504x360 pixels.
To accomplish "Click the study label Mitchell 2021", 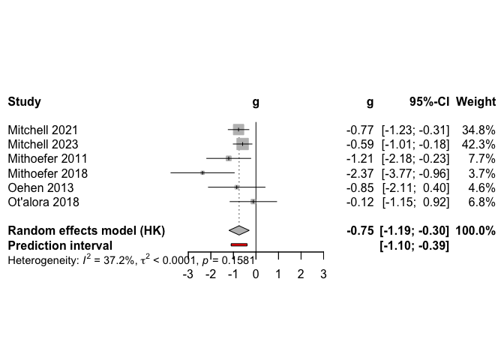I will point(42,130).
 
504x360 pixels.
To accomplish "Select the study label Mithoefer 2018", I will point(47,173).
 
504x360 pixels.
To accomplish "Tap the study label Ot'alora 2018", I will point(43,202).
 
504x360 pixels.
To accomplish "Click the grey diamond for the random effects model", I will point(238,230).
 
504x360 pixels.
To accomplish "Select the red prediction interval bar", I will point(238,244).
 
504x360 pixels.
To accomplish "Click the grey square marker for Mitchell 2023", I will point(242,144).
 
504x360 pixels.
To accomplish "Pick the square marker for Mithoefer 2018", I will point(202,173).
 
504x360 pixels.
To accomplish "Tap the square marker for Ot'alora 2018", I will point(253,202).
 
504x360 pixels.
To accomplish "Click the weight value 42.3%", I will point(479,144).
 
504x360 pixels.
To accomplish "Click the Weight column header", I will point(475,101).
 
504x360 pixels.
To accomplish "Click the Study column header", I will point(24,101).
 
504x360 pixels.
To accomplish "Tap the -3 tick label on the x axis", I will point(188,274).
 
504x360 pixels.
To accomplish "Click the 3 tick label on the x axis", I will point(323,274).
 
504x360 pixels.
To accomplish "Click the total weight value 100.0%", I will point(475,230).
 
